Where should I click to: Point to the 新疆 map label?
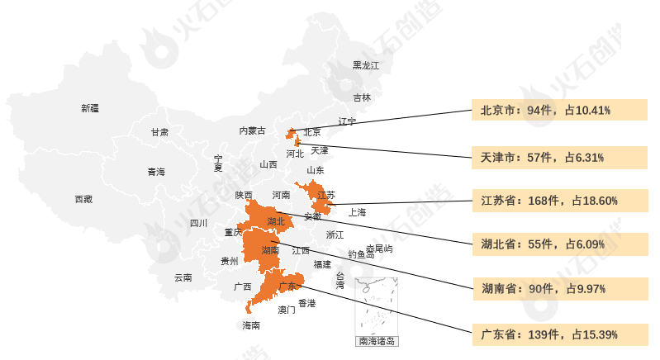click(90, 108)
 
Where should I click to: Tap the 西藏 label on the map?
click(83, 199)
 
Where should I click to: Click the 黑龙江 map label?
click(365, 65)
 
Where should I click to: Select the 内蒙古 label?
click(252, 130)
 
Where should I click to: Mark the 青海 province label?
click(156, 172)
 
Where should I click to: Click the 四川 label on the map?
click(198, 223)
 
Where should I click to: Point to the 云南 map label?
click(183, 277)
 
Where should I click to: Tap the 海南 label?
click(251, 325)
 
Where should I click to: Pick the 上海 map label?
click(357, 212)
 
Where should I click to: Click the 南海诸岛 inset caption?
click(377, 341)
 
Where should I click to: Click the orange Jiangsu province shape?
click(319, 199)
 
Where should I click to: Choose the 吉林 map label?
click(362, 97)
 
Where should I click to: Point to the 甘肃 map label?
click(159, 132)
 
